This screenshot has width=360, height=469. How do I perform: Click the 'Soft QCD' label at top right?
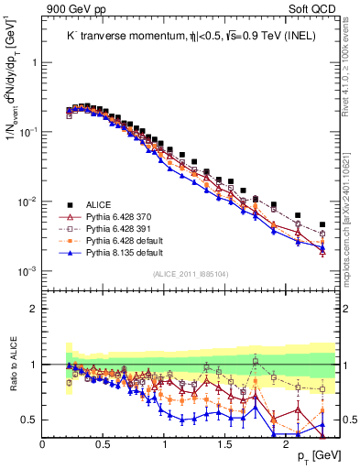pos(314,9)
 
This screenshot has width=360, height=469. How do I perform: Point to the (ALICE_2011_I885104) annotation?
pos(190,273)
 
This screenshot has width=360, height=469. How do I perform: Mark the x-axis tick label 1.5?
pos(225,444)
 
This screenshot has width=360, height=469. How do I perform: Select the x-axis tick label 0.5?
pos(104,444)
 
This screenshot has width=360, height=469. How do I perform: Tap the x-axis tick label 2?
pos(286,444)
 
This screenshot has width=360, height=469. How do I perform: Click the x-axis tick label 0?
pos(43,444)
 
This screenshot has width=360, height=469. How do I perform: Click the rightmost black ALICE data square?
pos(322,224)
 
